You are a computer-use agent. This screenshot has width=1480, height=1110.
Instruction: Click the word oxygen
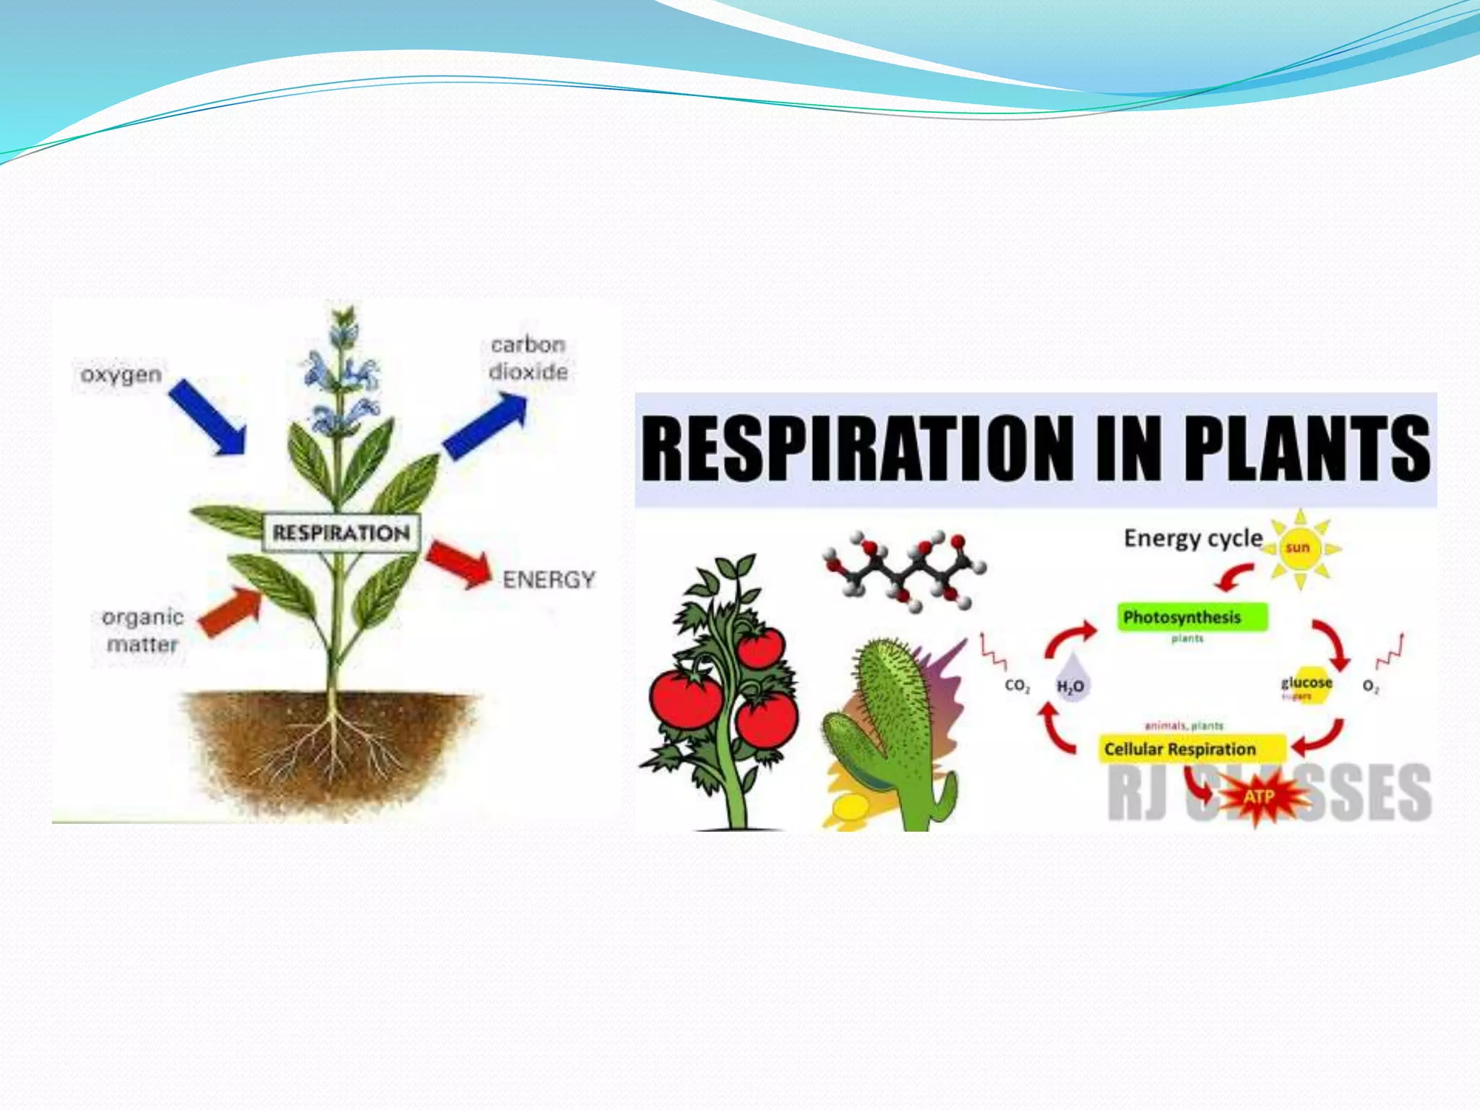pos(121,375)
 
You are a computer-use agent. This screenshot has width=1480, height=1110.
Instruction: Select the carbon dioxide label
pos(528,358)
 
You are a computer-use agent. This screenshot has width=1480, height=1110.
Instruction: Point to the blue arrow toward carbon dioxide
pos(485,427)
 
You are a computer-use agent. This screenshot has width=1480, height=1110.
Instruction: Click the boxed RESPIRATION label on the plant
pos(341,533)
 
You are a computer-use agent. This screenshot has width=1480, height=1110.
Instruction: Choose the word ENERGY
pos(549,580)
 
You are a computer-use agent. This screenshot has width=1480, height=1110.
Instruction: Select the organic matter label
pos(142,630)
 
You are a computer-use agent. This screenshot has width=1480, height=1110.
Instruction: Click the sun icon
pos(1298,548)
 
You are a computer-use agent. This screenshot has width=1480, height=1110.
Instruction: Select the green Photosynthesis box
pos(1192,617)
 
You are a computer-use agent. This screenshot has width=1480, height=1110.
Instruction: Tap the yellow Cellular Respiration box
pos(1192,749)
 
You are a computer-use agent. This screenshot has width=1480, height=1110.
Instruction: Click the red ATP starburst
pos(1259,797)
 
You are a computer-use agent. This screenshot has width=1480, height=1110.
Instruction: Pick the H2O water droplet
pos(1070,680)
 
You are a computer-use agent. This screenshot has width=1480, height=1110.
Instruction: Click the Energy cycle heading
pos(1193,538)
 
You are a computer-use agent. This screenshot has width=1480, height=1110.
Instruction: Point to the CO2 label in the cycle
pos(1017,685)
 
